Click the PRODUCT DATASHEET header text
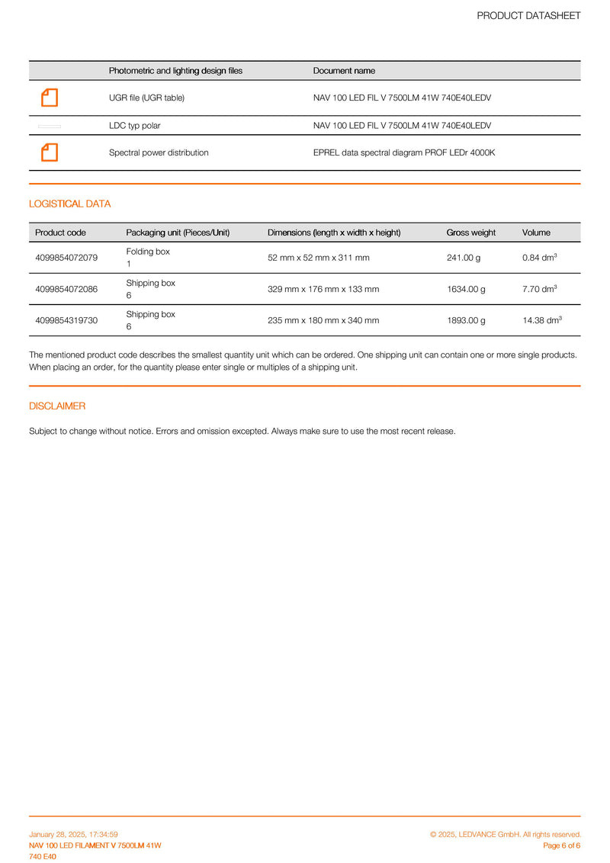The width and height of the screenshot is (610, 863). click(x=528, y=15)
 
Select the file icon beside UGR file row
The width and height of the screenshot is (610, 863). click(x=50, y=98)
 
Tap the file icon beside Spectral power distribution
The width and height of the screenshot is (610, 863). click(x=50, y=152)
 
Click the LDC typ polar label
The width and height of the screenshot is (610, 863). click(x=135, y=125)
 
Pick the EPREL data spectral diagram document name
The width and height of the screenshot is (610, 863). click(x=404, y=152)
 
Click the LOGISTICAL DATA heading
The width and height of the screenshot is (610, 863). click(x=69, y=204)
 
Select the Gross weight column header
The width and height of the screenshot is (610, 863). click(x=470, y=233)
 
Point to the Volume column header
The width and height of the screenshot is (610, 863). click(x=536, y=233)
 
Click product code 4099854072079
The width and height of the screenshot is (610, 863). click(x=66, y=258)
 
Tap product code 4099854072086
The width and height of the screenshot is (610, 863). click(x=66, y=289)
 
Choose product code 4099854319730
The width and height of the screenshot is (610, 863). click(x=66, y=320)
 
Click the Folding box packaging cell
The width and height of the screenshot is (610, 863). click(x=148, y=257)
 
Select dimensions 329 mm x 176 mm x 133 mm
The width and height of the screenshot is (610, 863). click(x=323, y=289)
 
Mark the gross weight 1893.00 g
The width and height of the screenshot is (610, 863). click(x=466, y=320)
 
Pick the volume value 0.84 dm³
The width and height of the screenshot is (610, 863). click(x=539, y=258)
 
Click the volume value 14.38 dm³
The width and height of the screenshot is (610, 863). click(x=542, y=320)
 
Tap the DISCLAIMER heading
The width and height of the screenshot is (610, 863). click(x=57, y=406)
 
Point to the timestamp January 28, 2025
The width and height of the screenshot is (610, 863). click(x=73, y=835)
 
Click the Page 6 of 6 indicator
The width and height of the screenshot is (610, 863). click(x=561, y=845)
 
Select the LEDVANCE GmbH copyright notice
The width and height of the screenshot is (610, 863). click(x=505, y=835)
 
